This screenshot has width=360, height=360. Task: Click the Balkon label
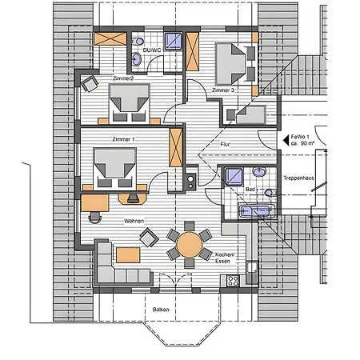click(x=161, y=310)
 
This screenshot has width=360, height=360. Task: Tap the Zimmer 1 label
click(x=123, y=139)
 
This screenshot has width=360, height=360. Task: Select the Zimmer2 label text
click(x=123, y=78)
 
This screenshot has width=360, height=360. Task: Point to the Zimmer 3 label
click(x=223, y=90)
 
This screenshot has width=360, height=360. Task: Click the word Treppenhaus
click(x=298, y=178)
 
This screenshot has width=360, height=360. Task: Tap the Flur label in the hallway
click(x=225, y=144)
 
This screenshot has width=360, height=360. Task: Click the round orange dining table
click(x=190, y=245)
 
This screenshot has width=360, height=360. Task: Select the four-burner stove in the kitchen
click(x=233, y=281)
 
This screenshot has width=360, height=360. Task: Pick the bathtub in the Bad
click(x=257, y=211)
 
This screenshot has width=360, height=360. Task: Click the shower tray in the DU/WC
click(x=173, y=42)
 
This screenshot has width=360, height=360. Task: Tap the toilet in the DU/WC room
click(x=138, y=42)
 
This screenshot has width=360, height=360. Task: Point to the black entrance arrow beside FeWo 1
click(x=286, y=140)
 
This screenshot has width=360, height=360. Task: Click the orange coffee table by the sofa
click(x=128, y=255)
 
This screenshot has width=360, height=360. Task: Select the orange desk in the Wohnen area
click(x=94, y=202)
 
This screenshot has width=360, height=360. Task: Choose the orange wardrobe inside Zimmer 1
click(x=176, y=147)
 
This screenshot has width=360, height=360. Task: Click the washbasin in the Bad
click(x=259, y=172)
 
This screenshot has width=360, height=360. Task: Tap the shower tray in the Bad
click(x=234, y=176)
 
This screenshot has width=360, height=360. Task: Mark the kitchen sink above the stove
click(x=252, y=267)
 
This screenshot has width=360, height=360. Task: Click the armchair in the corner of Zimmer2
click(x=90, y=84)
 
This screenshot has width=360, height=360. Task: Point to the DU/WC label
click(x=152, y=50)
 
